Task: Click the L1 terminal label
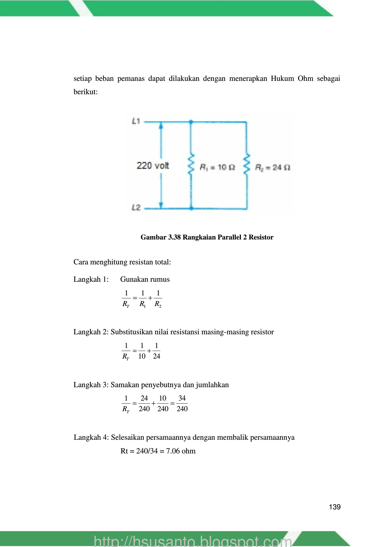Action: [136, 121]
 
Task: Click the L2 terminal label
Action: [136, 208]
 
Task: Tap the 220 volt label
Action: [153, 166]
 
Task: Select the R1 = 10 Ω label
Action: [217, 167]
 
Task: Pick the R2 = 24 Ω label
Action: [273, 167]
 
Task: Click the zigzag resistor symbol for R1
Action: [191, 164]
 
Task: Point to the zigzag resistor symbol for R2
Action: [247, 164]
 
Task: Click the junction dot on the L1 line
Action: [191, 122]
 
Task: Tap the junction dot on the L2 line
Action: [191, 208]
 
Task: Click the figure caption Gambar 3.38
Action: [207, 237]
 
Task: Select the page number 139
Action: [335, 507]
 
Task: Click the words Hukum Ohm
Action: [292, 78]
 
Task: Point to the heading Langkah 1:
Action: [91, 279]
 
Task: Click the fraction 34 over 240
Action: [182, 404]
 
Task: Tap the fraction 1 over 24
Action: [157, 351]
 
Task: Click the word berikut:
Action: [86, 92]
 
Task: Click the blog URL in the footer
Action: [193, 541]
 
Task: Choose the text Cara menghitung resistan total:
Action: [122, 262]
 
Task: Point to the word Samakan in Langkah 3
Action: [123, 385]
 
